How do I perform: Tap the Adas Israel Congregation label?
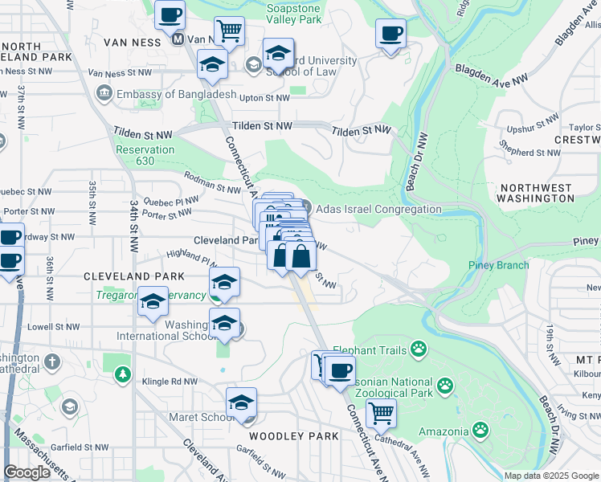tap(378, 209)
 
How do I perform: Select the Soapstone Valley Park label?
tap(294, 13)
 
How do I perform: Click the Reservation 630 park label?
tap(145, 155)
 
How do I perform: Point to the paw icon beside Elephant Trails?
tap(418, 349)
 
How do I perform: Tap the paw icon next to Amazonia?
tap(480, 429)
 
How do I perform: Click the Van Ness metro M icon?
tap(178, 39)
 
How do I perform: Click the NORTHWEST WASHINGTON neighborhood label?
tap(534, 193)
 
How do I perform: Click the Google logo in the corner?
tap(27, 472)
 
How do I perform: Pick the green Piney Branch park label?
tap(499, 266)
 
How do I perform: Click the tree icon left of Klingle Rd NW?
tap(121, 374)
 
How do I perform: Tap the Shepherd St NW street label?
tap(528, 152)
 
